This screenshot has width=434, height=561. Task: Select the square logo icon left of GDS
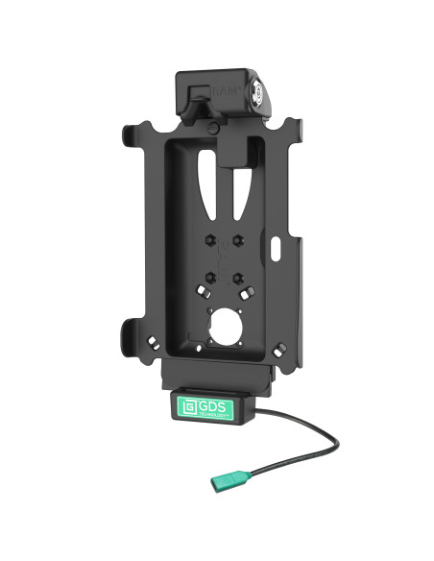tap(189, 404)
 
